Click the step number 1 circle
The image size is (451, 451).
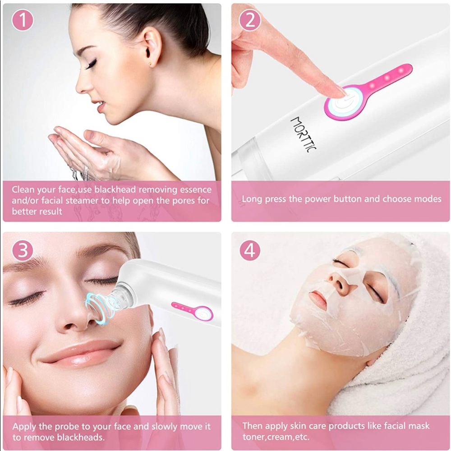coord(23,20)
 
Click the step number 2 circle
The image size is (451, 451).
coord(250,20)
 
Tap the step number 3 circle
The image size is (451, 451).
coord(23,250)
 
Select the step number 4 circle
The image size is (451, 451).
coord(250,250)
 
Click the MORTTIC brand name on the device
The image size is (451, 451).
coord(304,134)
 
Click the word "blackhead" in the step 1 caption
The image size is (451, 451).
coord(115,189)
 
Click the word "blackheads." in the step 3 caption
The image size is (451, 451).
coord(81,437)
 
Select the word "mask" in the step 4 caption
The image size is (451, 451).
coord(419,426)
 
